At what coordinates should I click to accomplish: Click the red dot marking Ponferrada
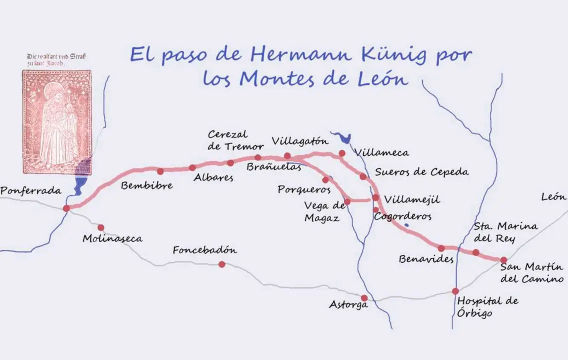pos(66,208)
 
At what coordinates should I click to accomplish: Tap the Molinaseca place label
pos(112,238)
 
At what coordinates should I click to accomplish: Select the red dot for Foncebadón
pos(221,264)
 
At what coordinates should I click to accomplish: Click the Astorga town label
pos(348,304)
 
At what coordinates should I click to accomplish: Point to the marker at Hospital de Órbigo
pos(455,291)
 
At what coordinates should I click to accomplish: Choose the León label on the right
pos(554,197)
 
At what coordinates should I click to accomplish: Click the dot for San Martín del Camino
pos(503,259)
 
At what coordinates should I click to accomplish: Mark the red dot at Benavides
pos(441,248)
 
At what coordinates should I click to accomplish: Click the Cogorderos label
pos(402,217)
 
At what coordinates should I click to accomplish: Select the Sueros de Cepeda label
pos(421,172)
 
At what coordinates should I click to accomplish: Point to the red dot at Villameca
pos(342,153)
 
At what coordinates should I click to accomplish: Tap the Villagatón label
pos(300,141)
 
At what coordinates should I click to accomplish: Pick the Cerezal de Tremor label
pos(235,140)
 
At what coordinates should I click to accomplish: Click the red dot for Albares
pos(192,167)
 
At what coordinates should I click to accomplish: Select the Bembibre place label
pos(146,185)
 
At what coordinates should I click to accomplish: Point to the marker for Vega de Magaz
pos(347,202)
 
